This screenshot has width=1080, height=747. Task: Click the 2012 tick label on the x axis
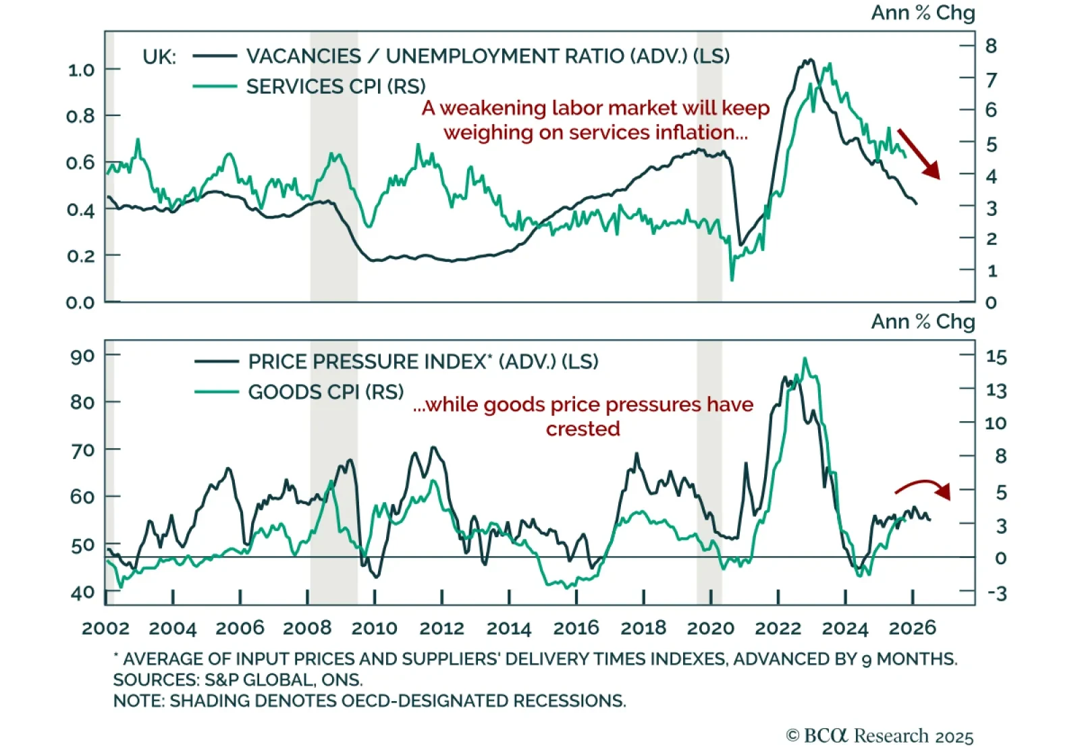441,628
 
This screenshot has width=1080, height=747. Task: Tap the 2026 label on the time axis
912,628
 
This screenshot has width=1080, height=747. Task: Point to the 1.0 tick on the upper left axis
80,70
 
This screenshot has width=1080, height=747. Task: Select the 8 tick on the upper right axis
991,46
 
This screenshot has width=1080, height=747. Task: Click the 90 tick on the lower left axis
82,356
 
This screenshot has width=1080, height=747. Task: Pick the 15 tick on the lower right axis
996,356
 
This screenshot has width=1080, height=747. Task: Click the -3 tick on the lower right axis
996,593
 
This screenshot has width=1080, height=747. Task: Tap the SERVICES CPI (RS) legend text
335,86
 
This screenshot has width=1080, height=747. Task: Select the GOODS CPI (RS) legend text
325,392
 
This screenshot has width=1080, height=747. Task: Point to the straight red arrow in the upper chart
918,154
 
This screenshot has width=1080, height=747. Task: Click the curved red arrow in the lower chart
923,487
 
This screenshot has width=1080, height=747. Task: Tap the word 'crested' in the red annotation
583,428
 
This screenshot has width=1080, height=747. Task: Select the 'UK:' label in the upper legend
159,57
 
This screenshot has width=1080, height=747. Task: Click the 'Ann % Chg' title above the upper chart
922,13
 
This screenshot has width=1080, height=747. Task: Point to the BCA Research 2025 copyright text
880,735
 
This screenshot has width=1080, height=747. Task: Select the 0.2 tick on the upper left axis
80,256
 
